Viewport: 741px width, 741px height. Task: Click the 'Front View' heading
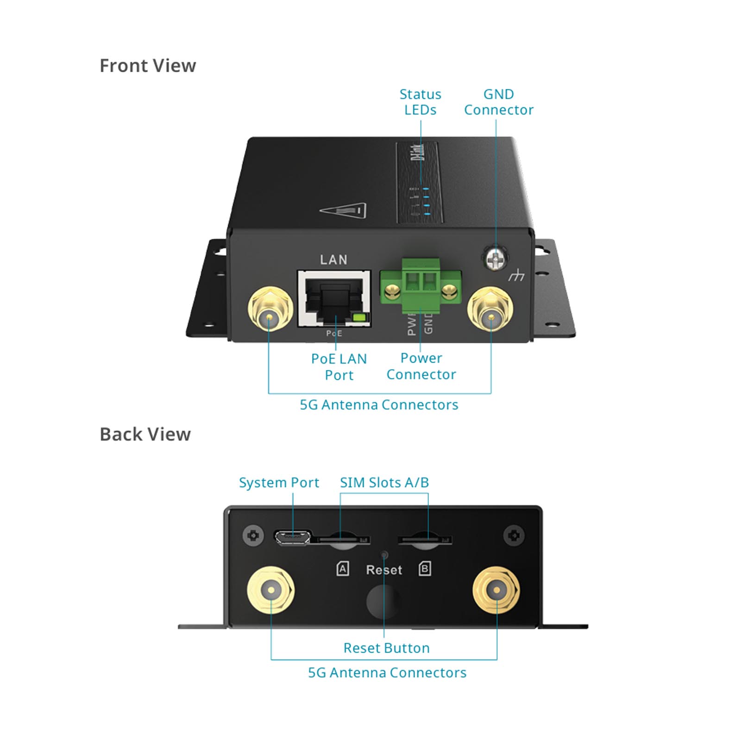(148, 66)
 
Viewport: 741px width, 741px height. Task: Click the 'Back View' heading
(145, 434)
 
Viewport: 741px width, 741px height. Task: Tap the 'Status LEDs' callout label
(420, 102)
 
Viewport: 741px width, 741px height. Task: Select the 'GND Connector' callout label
(498, 102)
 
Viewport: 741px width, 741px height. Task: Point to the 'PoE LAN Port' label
(339, 367)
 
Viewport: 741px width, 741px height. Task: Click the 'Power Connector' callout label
(421, 366)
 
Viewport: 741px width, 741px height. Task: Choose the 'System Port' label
(279, 483)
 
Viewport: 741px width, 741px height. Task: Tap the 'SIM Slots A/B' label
(384, 483)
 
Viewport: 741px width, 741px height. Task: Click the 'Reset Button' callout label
(386, 648)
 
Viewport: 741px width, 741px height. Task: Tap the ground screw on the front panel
(495, 258)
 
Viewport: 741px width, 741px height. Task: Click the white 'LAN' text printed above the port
(333, 260)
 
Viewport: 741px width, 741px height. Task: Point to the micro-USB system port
(292, 537)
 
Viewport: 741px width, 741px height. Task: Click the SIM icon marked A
(343, 569)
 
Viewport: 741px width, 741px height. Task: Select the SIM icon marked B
(425, 569)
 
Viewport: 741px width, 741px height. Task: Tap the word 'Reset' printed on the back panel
(384, 570)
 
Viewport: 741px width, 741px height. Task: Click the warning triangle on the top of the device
(343, 211)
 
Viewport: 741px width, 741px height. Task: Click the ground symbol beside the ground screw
(516, 276)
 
